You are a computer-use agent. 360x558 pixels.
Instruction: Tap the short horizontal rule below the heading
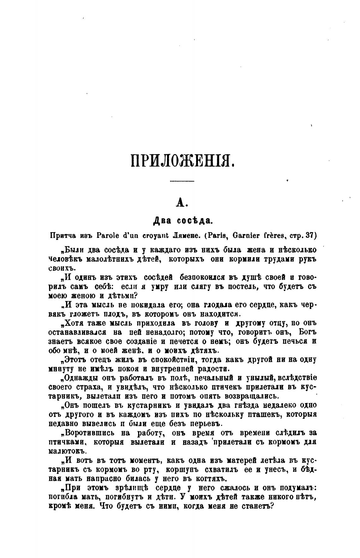coord(182,181)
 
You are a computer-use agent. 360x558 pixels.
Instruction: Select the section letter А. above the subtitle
coord(181,203)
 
